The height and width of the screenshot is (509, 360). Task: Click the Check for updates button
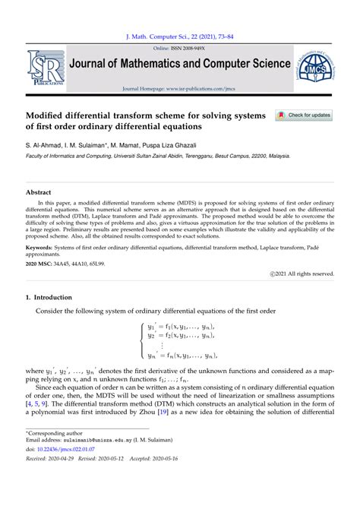[305, 115]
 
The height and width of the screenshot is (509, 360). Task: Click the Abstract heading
[38, 192]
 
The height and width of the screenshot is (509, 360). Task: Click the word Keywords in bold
[43, 248]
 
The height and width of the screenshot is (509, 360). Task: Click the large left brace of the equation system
[141, 340]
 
